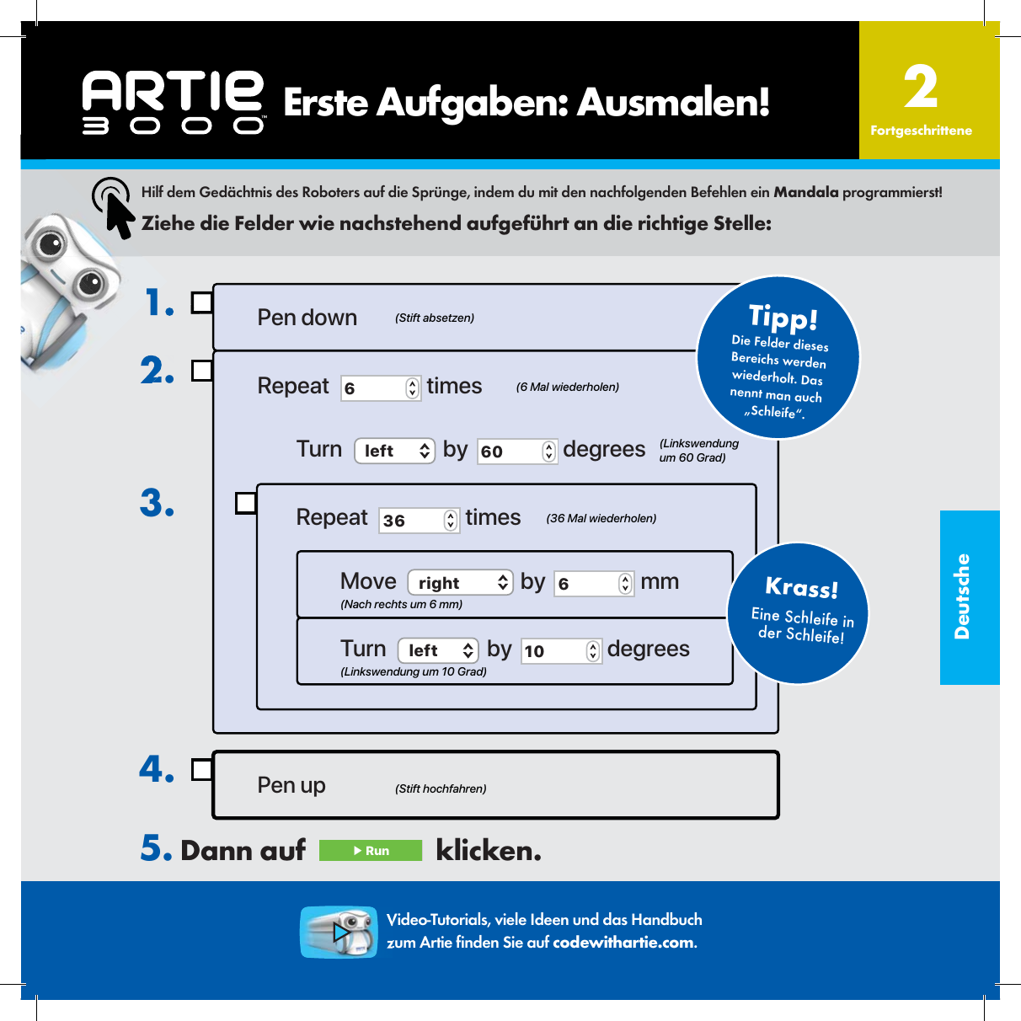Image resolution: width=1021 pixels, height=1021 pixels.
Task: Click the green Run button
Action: [x=371, y=851]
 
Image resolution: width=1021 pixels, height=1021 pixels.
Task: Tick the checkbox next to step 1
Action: [x=201, y=302]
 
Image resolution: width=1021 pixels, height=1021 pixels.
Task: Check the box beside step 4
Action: [x=201, y=770]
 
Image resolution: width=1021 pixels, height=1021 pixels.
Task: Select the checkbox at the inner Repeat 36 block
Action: [x=245, y=503]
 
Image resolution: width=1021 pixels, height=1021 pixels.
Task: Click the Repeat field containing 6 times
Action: [x=380, y=388]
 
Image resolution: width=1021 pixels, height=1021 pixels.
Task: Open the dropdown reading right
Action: [x=460, y=583]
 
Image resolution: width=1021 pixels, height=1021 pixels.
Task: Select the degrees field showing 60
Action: [x=516, y=452]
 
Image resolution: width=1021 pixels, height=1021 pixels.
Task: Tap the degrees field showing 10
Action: [x=561, y=651]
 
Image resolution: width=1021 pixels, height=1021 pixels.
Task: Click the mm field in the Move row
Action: [x=593, y=584]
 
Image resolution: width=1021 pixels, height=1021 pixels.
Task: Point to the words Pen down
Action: [x=307, y=318]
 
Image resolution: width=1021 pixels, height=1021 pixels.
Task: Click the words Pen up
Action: [x=291, y=785]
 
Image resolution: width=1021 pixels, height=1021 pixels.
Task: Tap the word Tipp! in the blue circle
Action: [x=783, y=318]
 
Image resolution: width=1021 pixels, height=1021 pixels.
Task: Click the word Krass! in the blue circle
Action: [x=801, y=587]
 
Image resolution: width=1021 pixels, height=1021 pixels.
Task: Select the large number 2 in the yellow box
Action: [x=920, y=88]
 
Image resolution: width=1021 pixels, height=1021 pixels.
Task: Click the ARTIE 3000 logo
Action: [x=174, y=102]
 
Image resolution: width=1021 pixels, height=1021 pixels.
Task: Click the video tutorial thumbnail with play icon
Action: [x=339, y=932]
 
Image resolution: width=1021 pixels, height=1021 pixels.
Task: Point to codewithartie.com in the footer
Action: [x=623, y=943]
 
